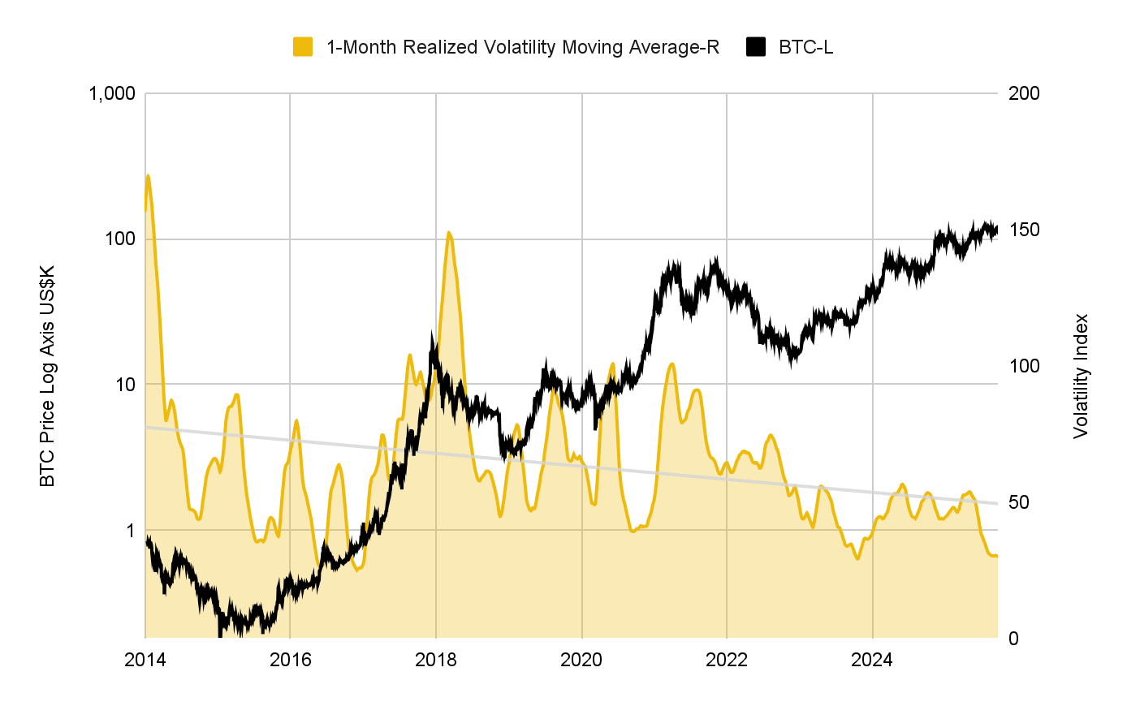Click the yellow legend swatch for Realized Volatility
(x=303, y=47)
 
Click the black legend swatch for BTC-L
(x=756, y=47)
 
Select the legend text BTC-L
(x=805, y=47)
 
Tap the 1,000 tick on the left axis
(x=110, y=93)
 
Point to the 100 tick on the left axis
(x=120, y=239)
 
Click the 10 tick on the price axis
(x=125, y=385)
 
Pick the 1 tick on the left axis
(x=130, y=530)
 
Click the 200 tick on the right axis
(x=1024, y=93)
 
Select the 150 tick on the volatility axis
(x=1024, y=230)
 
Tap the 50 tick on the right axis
(x=1019, y=502)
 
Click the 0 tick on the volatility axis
(x=1014, y=639)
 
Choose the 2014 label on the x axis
(x=145, y=660)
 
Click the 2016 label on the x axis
(x=291, y=660)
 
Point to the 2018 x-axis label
(x=436, y=660)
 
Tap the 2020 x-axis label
(x=581, y=660)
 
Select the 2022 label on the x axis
(x=727, y=660)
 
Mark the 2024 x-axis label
(x=872, y=660)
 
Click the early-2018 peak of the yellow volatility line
(x=449, y=233)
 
